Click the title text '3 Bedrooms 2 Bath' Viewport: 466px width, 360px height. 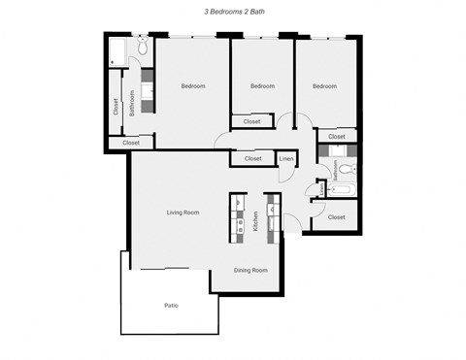tap(232, 13)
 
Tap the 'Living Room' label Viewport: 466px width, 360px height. tap(183, 212)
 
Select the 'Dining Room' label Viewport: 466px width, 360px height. tap(250, 270)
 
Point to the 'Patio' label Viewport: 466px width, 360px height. tap(171, 306)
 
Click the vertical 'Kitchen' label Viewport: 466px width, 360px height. tap(255, 221)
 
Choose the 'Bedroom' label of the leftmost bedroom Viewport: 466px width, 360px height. tap(192, 86)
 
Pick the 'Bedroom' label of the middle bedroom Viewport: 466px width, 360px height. tap(262, 86)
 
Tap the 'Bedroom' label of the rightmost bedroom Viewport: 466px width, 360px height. tap(324, 86)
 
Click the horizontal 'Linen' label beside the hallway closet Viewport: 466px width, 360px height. tap(287, 158)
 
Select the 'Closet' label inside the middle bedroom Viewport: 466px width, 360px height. tap(251, 121)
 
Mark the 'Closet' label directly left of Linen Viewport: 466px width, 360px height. tap(252, 158)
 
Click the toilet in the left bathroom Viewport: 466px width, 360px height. tap(142, 47)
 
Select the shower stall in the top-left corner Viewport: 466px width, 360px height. tap(118, 51)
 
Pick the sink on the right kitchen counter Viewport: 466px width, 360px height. tap(274, 207)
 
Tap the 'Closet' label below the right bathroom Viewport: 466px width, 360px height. tap(336, 217)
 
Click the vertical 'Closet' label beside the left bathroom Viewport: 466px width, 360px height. tap(116, 107)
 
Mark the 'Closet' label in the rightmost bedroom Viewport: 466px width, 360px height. tap(336, 137)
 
